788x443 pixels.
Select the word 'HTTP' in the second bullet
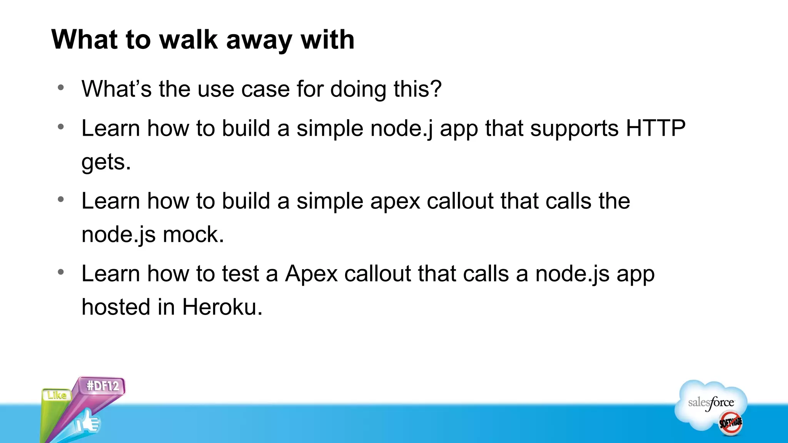pyautogui.click(x=655, y=128)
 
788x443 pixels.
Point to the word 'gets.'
pyautogui.click(x=106, y=162)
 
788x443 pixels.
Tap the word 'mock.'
pyautogui.click(x=193, y=235)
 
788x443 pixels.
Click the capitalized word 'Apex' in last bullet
pyautogui.click(x=311, y=274)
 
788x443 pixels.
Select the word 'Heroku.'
pyautogui.click(x=222, y=307)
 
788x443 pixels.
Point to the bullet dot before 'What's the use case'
pyautogui.click(x=61, y=88)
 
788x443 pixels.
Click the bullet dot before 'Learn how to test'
pyautogui.click(x=61, y=272)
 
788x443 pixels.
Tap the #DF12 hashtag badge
pyautogui.click(x=102, y=386)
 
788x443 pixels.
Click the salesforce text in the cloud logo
pyautogui.click(x=711, y=403)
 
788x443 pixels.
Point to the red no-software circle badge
pyautogui.click(x=730, y=423)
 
